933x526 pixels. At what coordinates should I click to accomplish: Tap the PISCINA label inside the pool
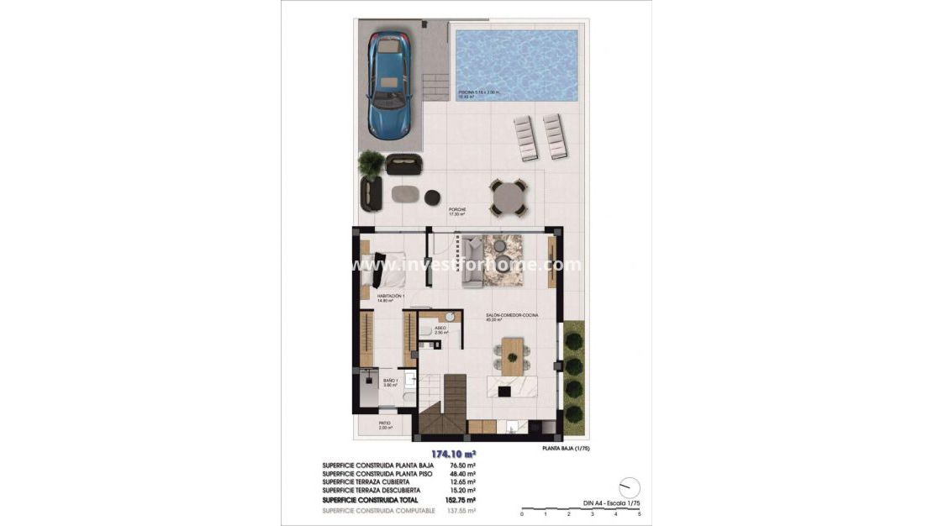point(478,92)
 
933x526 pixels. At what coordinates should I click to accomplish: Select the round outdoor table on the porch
point(508,197)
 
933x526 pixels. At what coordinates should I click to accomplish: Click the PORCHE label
point(457,209)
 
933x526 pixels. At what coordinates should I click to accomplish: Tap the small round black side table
point(432,197)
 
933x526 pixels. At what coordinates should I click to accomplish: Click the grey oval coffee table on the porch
point(405,194)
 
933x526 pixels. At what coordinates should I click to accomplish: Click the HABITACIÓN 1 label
point(391,297)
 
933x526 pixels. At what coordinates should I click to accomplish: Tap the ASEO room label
point(440,329)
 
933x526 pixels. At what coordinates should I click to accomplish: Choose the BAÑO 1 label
point(389,381)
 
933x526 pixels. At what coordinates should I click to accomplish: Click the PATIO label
point(384,423)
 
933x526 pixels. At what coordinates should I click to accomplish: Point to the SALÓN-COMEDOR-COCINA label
point(512,315)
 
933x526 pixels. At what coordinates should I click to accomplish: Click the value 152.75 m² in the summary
point(460,500)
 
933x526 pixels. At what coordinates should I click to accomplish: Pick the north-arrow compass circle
point(628,487)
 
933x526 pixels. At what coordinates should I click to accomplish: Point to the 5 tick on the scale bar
point(640,513)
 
